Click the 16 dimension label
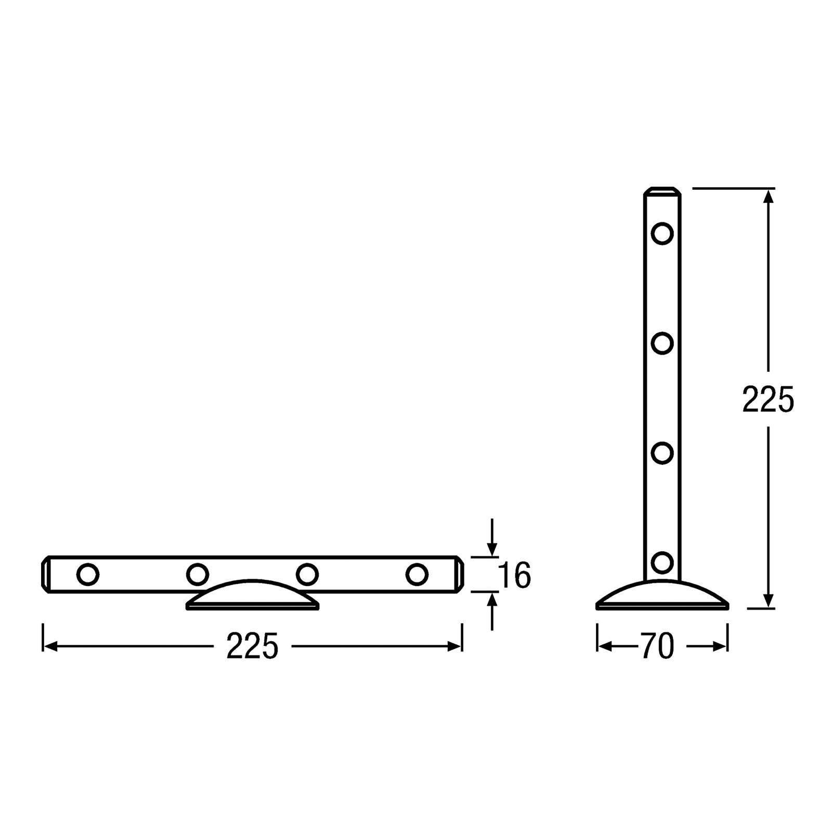(514, 575)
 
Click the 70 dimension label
(657, 646)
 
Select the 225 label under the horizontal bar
(253, 646)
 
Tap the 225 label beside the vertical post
(768, 399)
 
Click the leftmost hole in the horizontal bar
(87, 575)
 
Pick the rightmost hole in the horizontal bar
(417, 575)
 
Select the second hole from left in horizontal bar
(197, 575)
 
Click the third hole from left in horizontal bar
(307, 575)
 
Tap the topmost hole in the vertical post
(662, 233)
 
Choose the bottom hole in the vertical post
(662, 562)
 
